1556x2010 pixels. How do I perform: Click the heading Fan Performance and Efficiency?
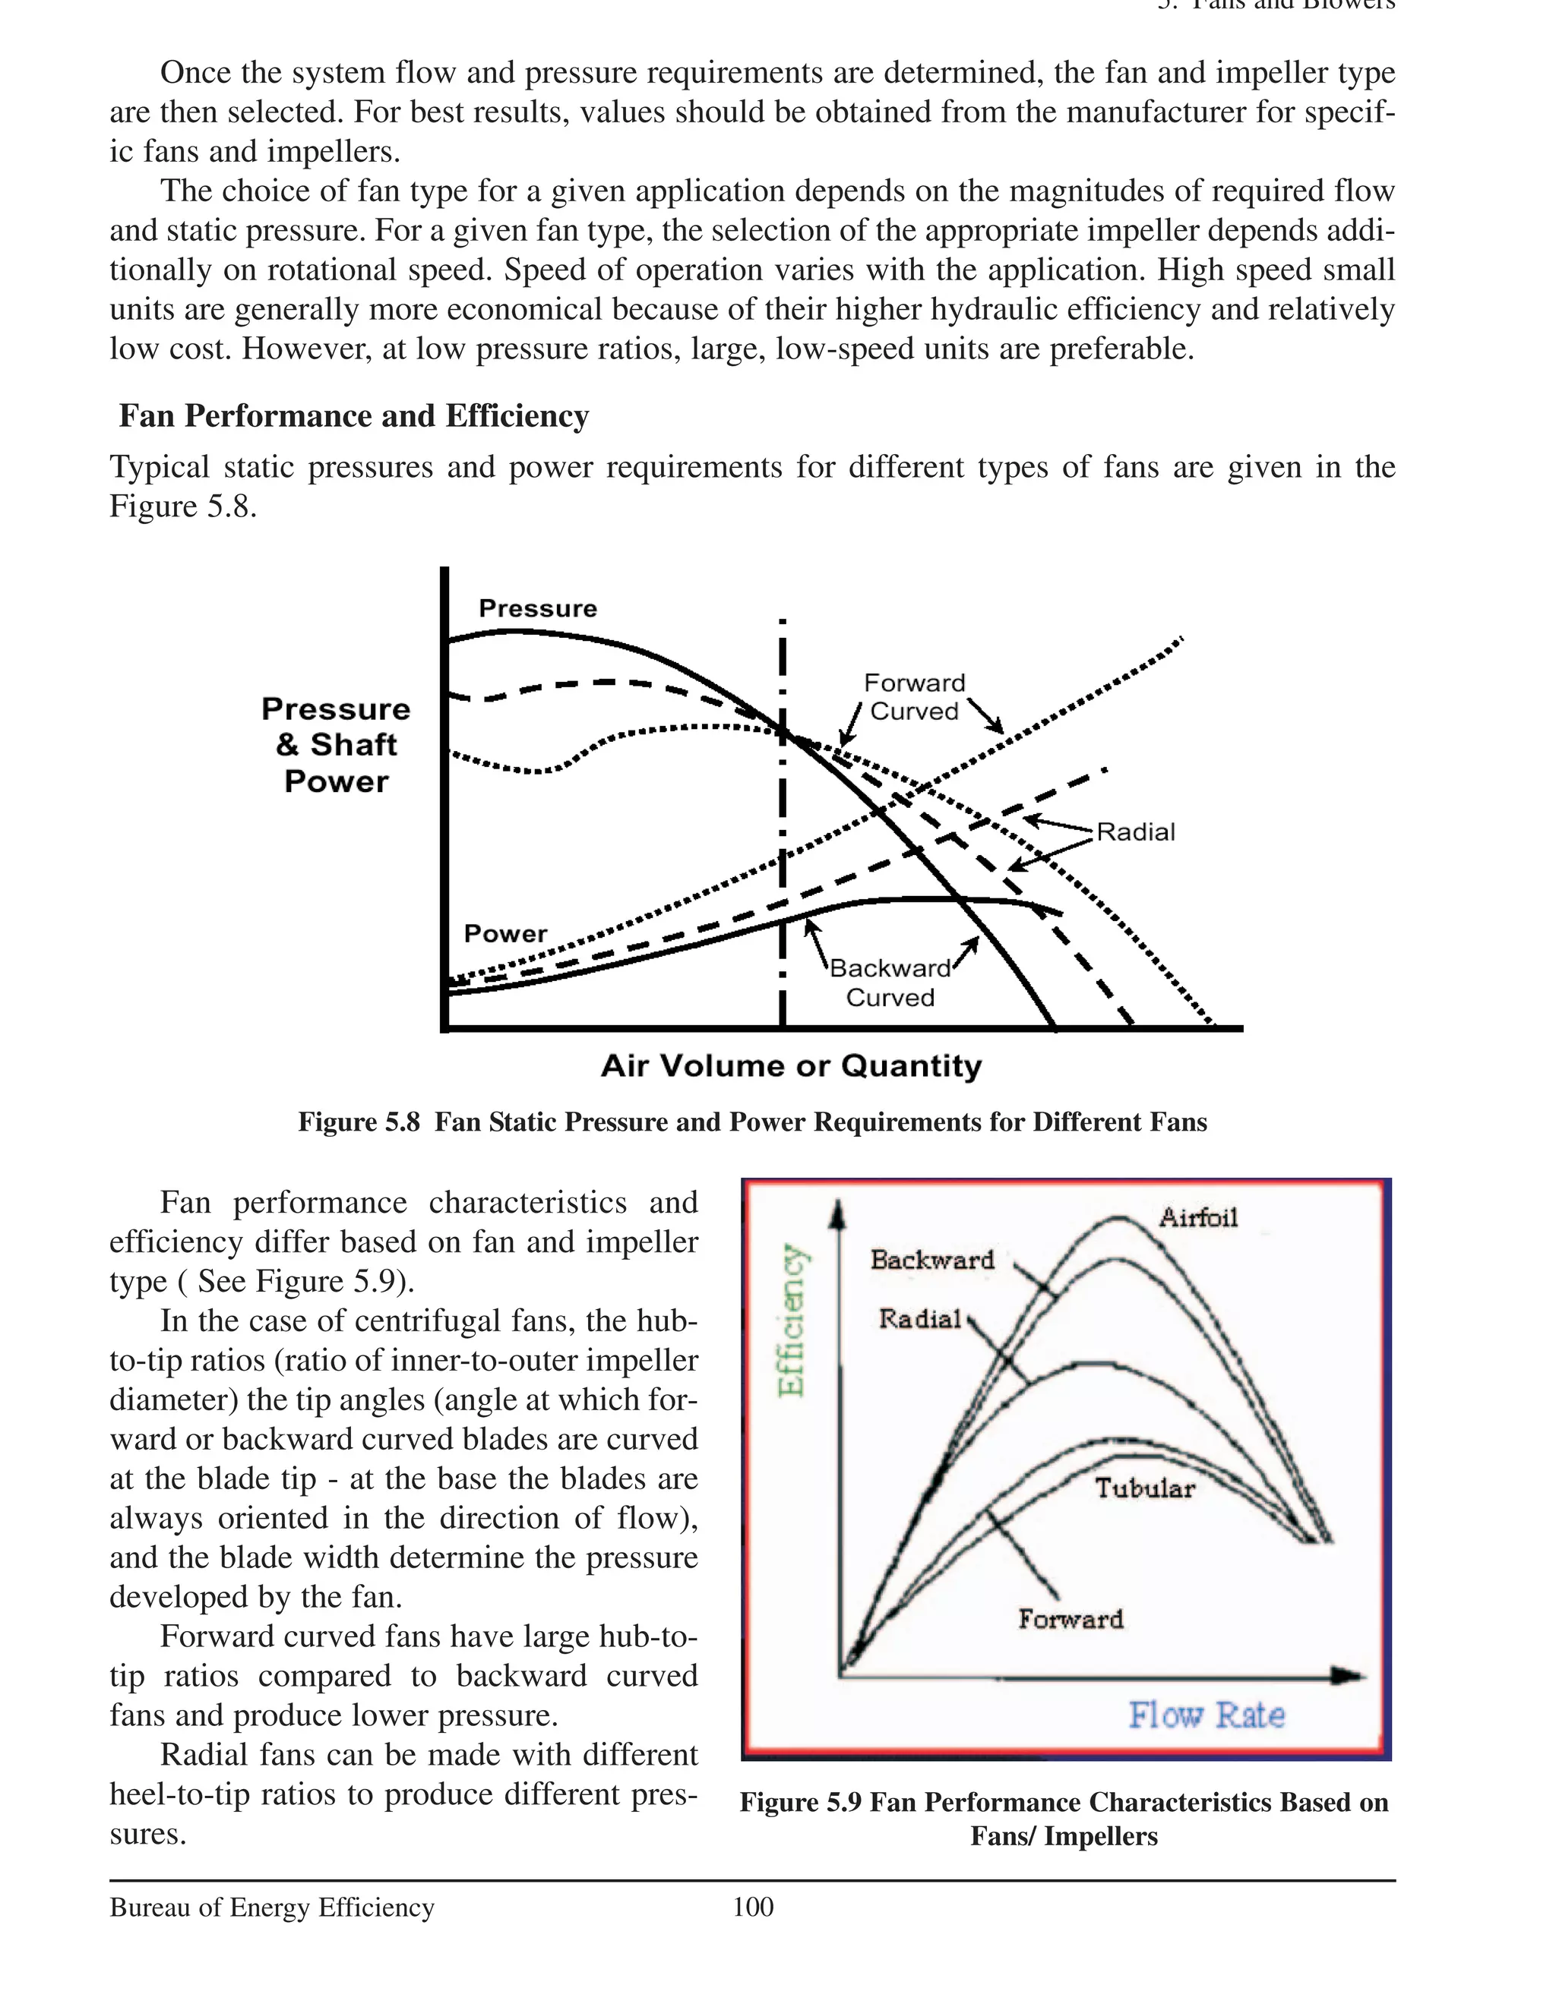[353, 416]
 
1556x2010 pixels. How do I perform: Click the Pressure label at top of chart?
[538, 608]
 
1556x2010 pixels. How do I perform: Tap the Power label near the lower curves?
[504, 933]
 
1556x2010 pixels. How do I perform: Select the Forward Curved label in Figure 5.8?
[914, 696]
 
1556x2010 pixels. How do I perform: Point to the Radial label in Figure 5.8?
[1135, 832]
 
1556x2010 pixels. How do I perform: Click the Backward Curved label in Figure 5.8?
[890, 982]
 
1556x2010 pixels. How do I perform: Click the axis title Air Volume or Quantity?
[791, 1065]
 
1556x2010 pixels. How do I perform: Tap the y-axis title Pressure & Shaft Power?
[336, 745]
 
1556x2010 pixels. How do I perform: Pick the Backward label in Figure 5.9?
[931, 1259]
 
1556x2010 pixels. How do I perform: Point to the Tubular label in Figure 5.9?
[1144, 1488]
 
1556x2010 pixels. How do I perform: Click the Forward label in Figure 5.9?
[1070, 1619]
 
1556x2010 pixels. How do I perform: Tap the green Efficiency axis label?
[791, 1320]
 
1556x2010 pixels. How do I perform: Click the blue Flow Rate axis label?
[1207, 1715]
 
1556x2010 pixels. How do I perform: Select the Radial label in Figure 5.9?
[919, 1319]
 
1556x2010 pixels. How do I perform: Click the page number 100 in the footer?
[752, 1906]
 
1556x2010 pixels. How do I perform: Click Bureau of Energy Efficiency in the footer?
[271, 1907]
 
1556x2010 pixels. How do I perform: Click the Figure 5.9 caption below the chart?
[1064, 1819]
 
